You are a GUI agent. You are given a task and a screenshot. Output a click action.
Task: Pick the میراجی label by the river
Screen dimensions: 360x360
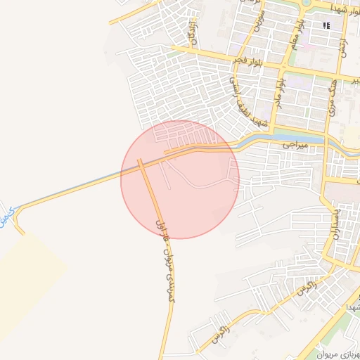click(x=296, y=144)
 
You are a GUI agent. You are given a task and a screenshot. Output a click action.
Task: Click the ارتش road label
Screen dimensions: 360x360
click(x=345, y=44)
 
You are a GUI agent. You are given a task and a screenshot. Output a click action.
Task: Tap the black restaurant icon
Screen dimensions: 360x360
click(x=326, y=26)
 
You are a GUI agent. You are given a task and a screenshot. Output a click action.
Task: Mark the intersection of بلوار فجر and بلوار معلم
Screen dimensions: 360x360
click(x=282, y=69)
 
